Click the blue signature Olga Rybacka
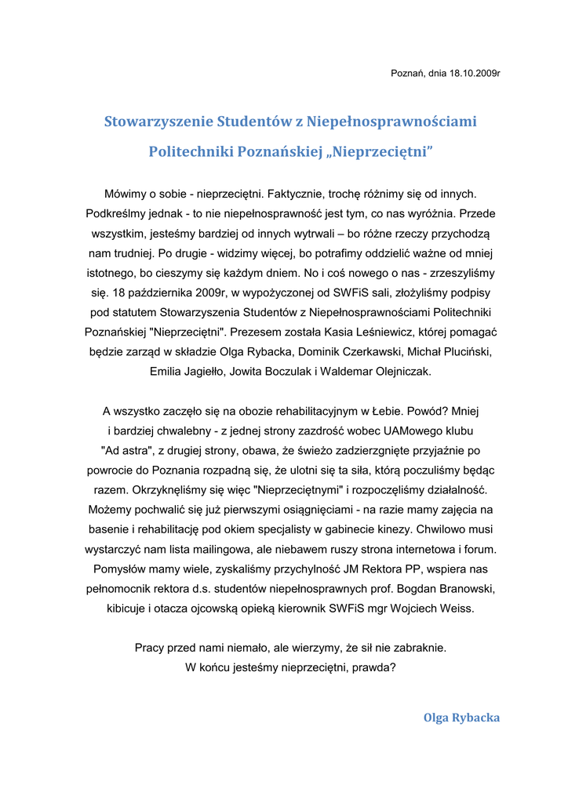pos(461,718)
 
